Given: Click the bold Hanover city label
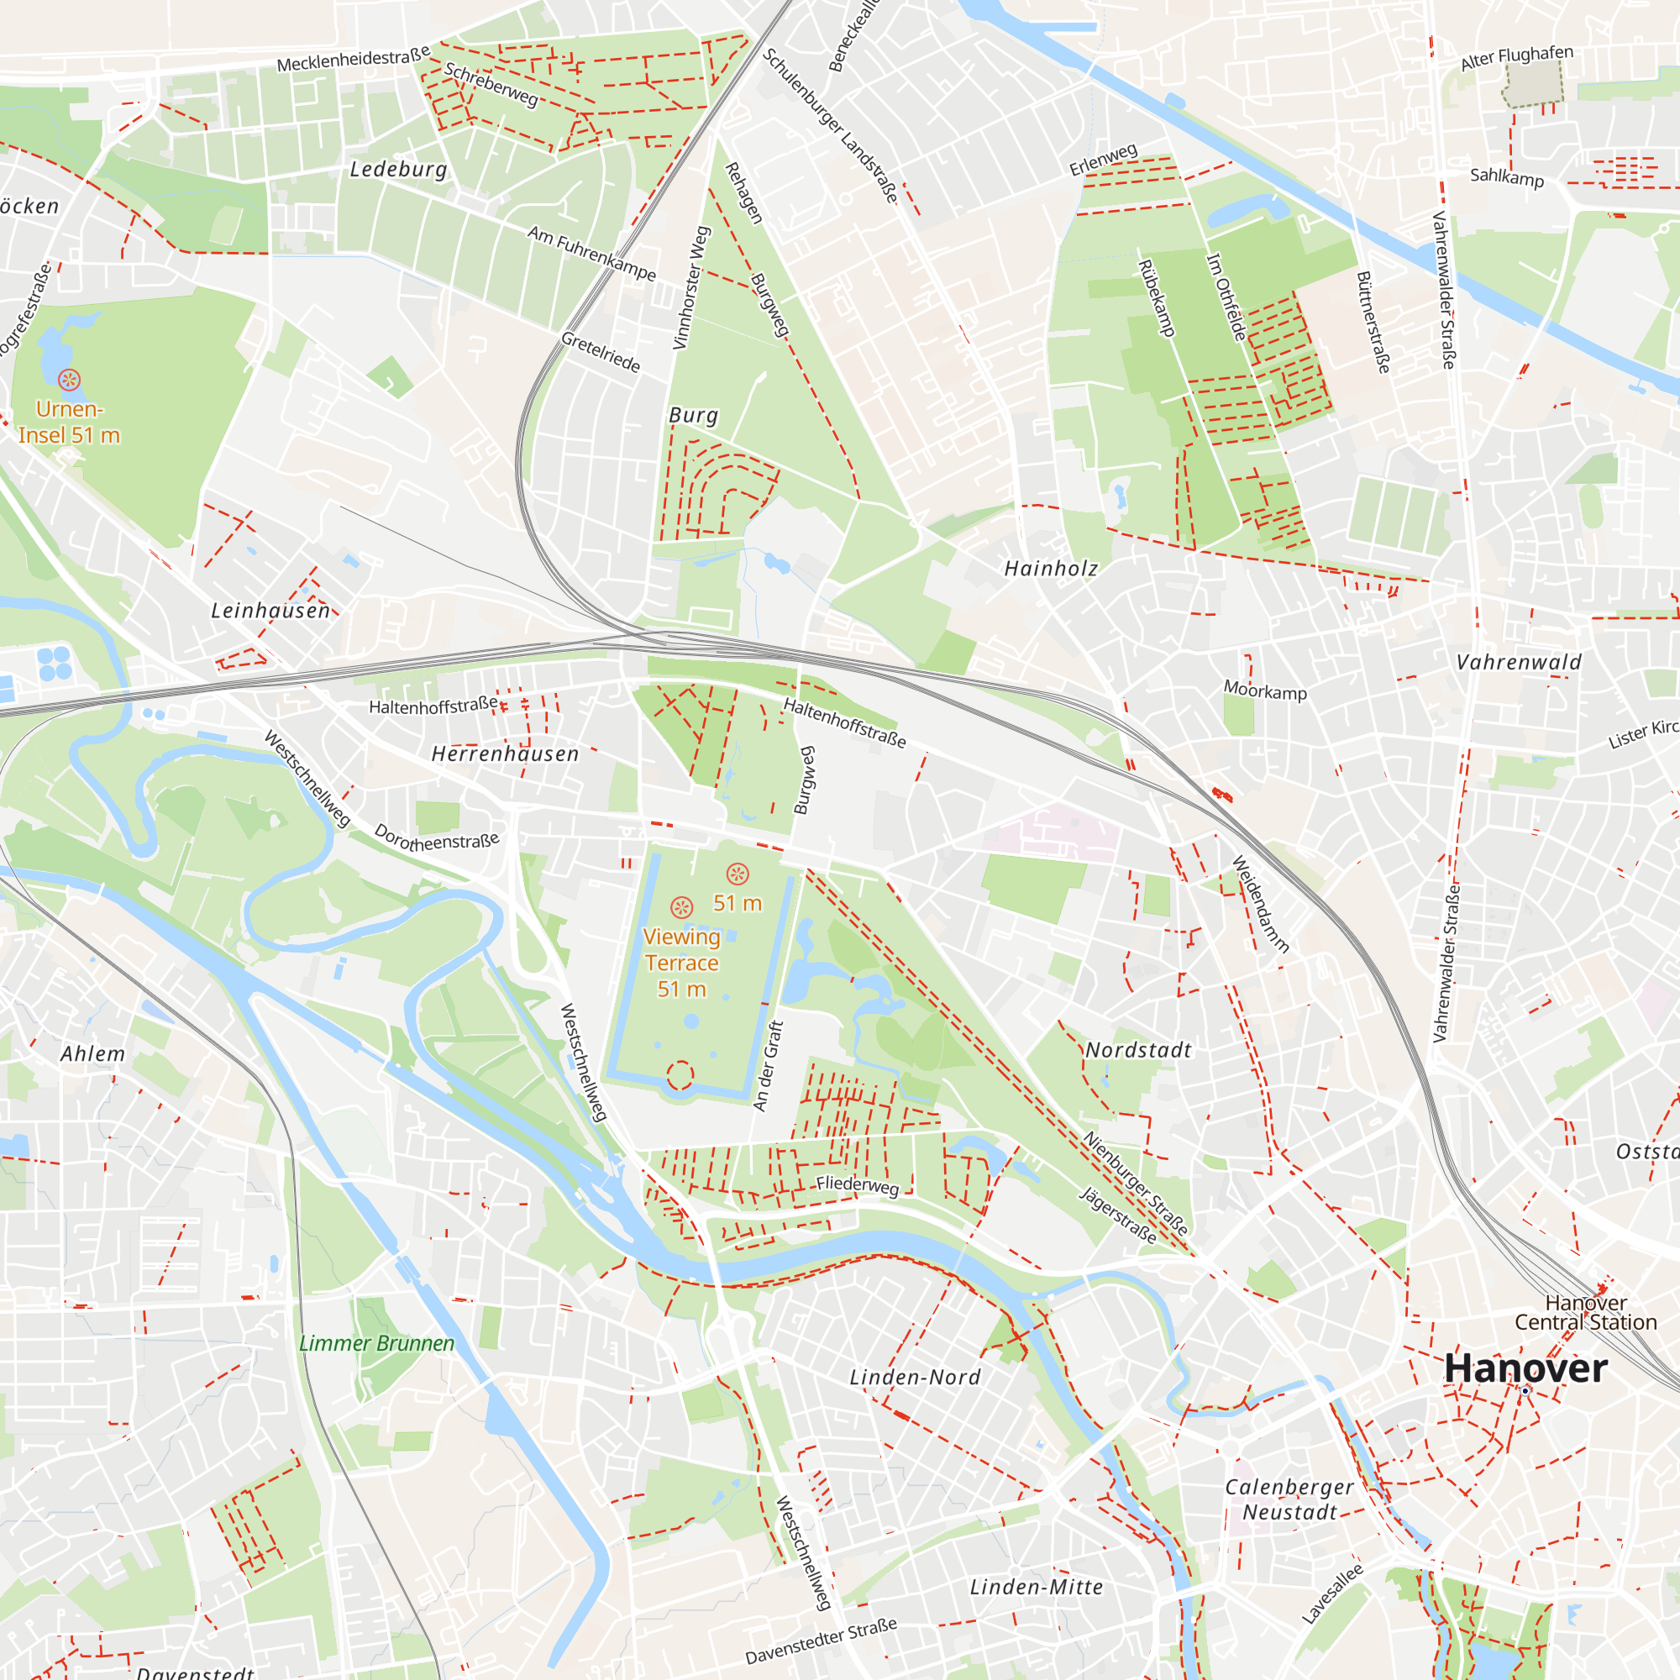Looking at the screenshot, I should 1525,1368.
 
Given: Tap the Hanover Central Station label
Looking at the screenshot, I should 1585,1313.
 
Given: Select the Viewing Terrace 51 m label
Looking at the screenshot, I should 682,963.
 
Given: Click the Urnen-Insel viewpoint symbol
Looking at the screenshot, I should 69,379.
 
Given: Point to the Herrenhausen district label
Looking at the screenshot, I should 505,754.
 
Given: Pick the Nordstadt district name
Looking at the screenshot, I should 1138,1051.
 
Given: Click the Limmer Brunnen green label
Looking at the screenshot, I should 376,1343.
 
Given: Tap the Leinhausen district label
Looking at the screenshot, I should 270,611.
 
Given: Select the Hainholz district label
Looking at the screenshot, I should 1051,569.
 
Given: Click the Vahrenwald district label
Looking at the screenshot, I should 1518,663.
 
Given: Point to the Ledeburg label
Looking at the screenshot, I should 398,170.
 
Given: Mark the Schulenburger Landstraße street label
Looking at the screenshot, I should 830,126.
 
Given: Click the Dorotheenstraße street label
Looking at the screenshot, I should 437,837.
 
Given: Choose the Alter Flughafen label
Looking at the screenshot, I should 1516,57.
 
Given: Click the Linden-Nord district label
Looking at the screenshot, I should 915,1378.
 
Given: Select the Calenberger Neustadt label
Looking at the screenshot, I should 1289,1499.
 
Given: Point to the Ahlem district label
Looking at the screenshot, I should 92,1054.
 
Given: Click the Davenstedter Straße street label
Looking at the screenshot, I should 821,1641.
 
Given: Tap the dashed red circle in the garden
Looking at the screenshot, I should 680,1076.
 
